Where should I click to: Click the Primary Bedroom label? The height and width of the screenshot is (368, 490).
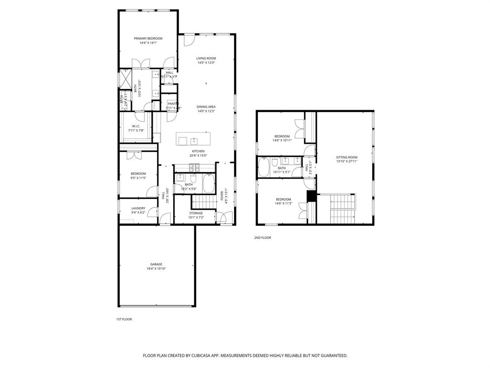(x=148, y=38)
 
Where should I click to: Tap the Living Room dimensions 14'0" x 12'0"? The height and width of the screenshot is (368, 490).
(x=206, y=63)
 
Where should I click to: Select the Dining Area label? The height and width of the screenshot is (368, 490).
(x=206, y=106)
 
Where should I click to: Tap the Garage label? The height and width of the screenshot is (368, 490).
(x=156, y=264)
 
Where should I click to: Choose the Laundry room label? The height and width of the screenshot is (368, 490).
(x=138, y=208)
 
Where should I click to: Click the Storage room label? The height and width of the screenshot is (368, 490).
(x=196, y=213)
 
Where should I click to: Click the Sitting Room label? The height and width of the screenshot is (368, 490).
(x=346, y=157)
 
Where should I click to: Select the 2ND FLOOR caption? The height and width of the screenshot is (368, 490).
(x=262, y=237)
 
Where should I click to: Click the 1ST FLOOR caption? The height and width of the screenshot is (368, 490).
(x=124, y=319)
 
